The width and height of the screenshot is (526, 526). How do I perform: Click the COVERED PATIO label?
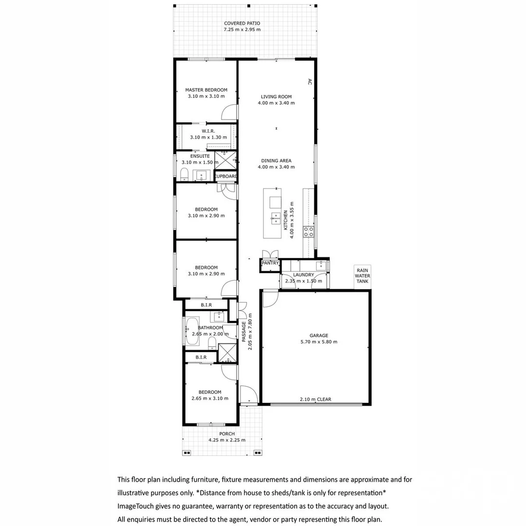pyautogui.click(x=242, y=23)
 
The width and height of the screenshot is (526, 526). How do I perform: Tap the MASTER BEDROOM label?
pyautogui.click(x=206, y=90)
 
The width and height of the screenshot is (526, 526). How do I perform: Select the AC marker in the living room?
pyautogui.click(x=309, y=82)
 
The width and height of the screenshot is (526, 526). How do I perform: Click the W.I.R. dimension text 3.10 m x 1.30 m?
pyautogui.click(x=208, y=137)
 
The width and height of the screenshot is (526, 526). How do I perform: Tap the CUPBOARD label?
pyautogui.click(x=226, y=176)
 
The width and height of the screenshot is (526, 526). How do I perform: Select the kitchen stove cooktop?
pyautogui.click(x=308, y=231)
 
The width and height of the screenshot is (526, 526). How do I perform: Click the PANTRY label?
pyautogui.click(x=270, y=263)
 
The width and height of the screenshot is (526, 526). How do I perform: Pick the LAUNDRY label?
pyautogui.click(x=303, y=275)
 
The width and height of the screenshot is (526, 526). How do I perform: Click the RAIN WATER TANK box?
pyautogui.click(x=362, y=276)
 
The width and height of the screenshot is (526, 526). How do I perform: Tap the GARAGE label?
pyautogui.click(x=319, y=336)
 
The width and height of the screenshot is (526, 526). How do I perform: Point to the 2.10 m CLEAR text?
pyautogui.click(x=315, y=399)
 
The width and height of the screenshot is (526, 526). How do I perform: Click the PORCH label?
pyautogui.click(x=227, y=434)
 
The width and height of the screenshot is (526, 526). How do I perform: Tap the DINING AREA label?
pyautogui.click(x=276, y=161)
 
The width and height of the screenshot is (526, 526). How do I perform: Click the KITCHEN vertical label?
pyautogui.click(x=286, y=221)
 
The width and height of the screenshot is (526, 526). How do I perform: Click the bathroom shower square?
pyautogui.click(x=227, y=354)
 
